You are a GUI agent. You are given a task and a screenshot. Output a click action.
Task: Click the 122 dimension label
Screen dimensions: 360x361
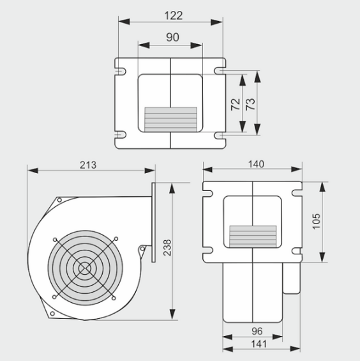174,16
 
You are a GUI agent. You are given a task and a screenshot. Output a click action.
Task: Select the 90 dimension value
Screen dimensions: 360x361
172,37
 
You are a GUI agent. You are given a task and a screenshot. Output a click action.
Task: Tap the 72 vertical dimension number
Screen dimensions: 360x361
236,104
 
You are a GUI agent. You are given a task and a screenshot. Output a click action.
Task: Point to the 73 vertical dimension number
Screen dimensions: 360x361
250,104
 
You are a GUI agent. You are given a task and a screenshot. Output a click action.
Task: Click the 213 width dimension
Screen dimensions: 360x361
88,165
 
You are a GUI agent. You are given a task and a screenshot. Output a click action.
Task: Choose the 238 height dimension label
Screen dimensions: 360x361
167,248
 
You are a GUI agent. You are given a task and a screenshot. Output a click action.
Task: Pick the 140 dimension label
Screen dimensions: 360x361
256,164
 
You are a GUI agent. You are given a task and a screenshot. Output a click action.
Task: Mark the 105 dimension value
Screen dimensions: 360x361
317,221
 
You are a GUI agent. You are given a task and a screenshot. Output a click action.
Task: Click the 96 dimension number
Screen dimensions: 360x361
257,332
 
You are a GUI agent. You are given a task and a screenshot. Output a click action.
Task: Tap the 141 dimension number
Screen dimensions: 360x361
259,344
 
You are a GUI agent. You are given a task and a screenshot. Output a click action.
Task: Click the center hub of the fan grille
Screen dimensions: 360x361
85,268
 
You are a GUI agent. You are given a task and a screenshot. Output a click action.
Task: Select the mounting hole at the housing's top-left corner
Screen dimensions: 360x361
59,200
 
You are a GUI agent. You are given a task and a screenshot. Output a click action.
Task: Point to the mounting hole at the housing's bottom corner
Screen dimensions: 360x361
52,313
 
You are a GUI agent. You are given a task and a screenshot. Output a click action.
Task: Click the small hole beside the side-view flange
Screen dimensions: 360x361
142,249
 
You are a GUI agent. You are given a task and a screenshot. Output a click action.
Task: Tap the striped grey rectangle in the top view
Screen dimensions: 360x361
170,119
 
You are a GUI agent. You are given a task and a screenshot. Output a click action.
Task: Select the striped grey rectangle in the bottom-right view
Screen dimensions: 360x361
253,236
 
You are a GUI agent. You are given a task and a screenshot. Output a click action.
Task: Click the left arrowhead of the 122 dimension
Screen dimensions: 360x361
124,22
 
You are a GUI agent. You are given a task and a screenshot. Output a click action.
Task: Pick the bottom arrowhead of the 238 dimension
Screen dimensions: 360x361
172,314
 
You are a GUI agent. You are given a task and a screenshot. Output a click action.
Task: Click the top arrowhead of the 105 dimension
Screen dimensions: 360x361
323,187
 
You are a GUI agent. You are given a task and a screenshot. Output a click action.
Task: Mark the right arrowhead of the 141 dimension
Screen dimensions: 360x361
295,349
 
